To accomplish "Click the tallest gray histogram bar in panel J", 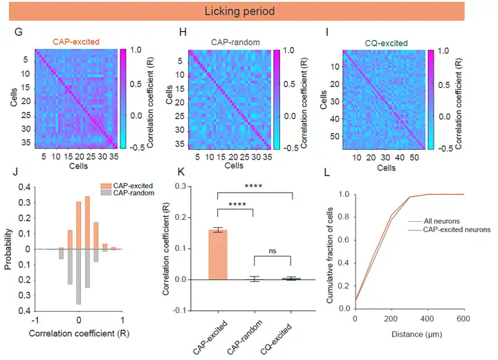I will [x=79, y=276].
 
